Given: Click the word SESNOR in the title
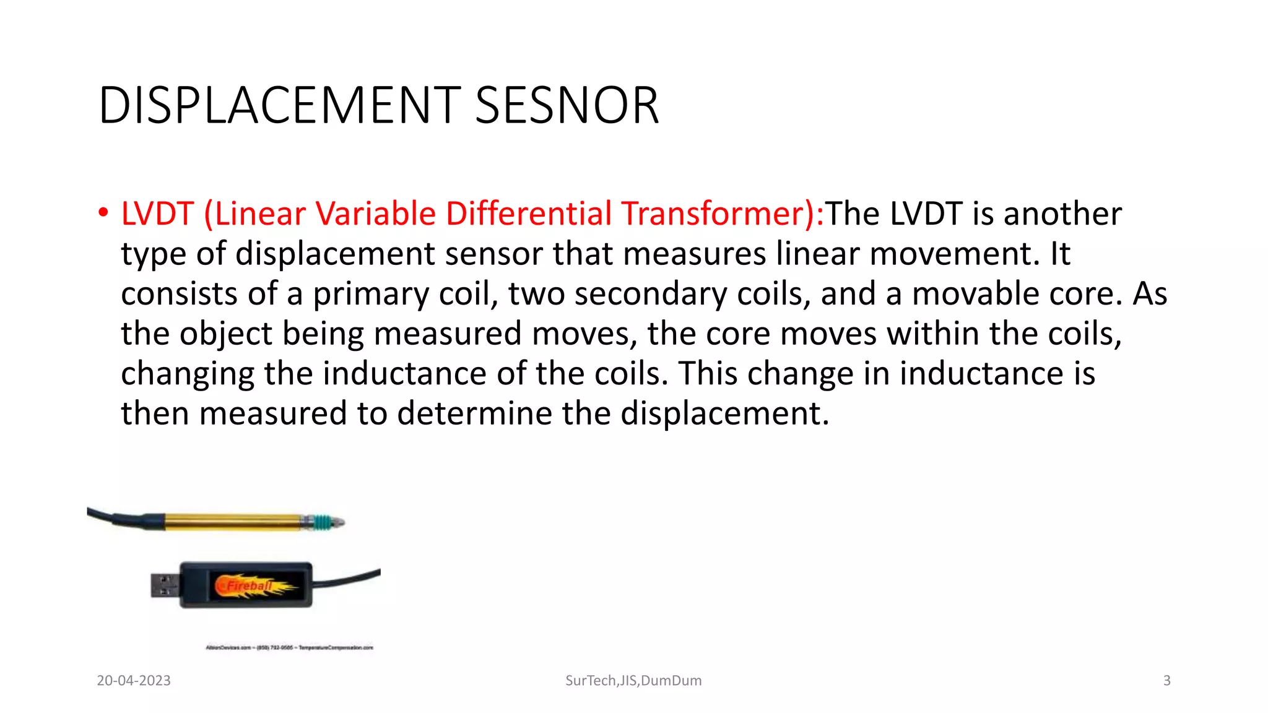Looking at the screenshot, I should (x=567, y=106).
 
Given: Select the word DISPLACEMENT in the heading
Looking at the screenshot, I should (x=279, y=106).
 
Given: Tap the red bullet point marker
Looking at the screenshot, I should (x=103, y=213).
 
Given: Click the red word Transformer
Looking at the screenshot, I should (x=718, y=214).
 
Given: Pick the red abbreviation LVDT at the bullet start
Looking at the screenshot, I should (x=157, y=214).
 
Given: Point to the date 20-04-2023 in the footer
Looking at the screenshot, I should (x=134, y=681).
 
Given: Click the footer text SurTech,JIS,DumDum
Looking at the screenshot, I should (x=633, y=681).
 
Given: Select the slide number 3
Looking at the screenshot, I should (x=1166, y=681).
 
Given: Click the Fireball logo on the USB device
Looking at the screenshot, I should (x=251, y=586).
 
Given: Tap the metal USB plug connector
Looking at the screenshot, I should (x=165, y=585).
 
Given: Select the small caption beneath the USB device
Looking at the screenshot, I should (x=289, y=647).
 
